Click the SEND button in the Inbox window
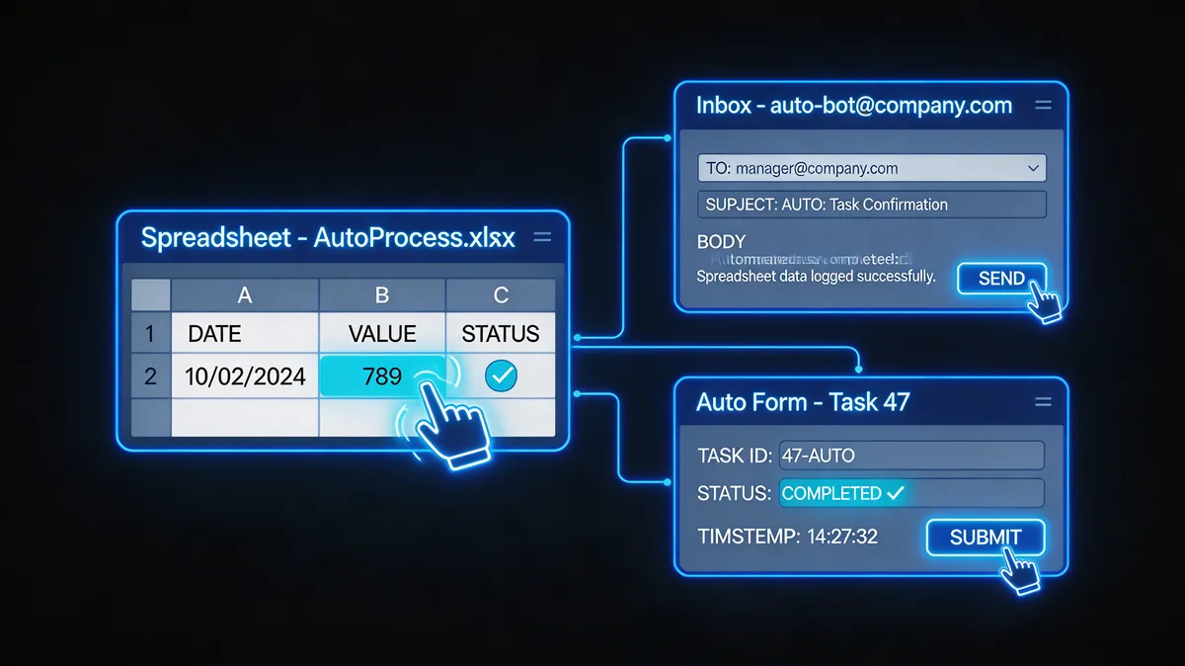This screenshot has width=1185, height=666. pyautogui.click(x=1001, y=278)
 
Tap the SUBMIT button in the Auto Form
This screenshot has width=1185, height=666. pyautogui.click(x=985, y=538)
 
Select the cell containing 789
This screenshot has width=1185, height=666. pyautogui.click(x=382, y=375)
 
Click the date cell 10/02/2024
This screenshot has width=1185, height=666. pyautogui.click(x=245, y=375)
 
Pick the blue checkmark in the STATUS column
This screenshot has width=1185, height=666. pyautogui.click(x=501, y=375)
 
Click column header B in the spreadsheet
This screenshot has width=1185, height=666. pyautogui.click(x=382, y=294)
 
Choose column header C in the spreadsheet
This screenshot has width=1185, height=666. pyautogui.click(x=501, y=294)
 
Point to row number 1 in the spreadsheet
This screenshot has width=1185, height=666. pyautogui.click(x=150, y=333)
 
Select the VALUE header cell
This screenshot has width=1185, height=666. pyautogui.click(x=382, y=333)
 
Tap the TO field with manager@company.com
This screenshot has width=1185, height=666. pyautogui.click(x=859, y=168)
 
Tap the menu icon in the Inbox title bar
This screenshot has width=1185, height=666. pyautogui.click(x=1042, y=105)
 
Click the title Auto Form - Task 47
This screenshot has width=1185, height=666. pyautogui.click(x=803, y=401)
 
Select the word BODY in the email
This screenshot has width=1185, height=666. pyautogui.click(x=721, y=242)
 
